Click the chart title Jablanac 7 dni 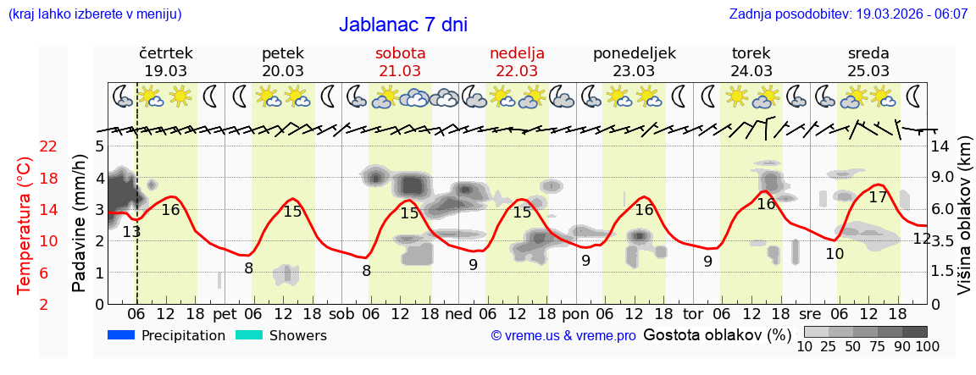click(403, 25)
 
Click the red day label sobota click(400, 53)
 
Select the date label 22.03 click(517, 71)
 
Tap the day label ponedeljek click(634, 53)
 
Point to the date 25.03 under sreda click(868, 71)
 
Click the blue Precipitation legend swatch click(121, 335)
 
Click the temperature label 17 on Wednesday click(879, 197)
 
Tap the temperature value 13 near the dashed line click(131, 232)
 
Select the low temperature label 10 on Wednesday click(835, 253)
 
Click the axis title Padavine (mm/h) click(80, 224)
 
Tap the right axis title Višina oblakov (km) click(965, 224)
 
